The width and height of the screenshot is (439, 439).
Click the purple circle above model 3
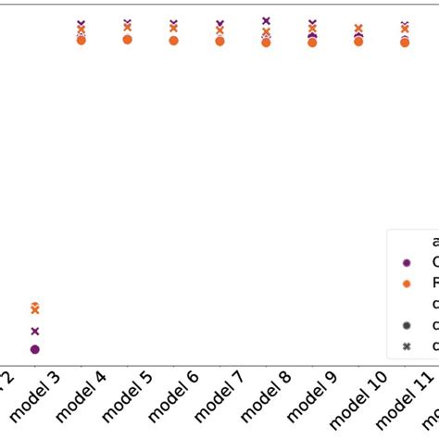click(35, 349)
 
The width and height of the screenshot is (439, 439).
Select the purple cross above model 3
click(35, 331)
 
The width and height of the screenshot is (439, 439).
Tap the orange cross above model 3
click(35, 308)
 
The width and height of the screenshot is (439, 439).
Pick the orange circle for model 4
click(82, 40)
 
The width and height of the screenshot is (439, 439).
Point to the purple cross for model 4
click(82, 23)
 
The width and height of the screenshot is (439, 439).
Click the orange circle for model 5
click(127, 39)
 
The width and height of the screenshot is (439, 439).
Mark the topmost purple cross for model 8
click(266, 20)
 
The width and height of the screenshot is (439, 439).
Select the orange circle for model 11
click(405, 42)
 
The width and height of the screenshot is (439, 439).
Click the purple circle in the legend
click(406, 262)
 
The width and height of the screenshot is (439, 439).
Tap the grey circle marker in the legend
click(406, 325)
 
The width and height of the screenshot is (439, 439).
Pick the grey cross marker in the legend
click(406, 346)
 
